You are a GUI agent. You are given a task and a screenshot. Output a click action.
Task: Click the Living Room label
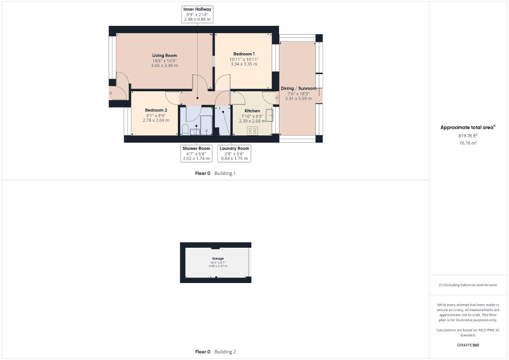click(x=165, y=55)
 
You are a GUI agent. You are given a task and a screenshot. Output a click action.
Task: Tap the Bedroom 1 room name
click(x=244, y=54)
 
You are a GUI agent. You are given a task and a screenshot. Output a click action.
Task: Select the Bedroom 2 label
click(x=156, y=110)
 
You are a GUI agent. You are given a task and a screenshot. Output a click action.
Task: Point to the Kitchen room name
click(x=252, y=111)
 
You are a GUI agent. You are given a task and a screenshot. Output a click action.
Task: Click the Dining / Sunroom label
click(x=299, y=88)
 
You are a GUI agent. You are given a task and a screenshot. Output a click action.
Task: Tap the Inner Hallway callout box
click(x=197, y=14)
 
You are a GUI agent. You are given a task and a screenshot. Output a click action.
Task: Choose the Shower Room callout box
click(x=196, y=153)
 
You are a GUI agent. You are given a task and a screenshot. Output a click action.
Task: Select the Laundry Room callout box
click(x=234, y=153)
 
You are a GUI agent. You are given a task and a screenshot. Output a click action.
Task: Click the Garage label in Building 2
click(x=218, y=258)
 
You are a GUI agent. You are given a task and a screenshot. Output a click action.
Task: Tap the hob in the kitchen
click(x=252, y=130)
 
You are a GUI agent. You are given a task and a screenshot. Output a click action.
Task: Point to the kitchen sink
click(x=269, y=115)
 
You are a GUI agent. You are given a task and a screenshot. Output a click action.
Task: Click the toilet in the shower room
click(x=186, y=129)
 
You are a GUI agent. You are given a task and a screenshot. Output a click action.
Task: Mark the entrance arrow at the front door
click(x=110, y=93)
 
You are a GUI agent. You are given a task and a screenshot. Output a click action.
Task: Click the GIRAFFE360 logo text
click(x=468, y=345)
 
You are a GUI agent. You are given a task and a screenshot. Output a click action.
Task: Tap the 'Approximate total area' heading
click(x=468, y=127)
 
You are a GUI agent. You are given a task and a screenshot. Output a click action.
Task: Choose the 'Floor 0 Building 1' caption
click(x=215, y=173)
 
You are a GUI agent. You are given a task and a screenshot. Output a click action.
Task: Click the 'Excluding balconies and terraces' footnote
click(x=468, y=285)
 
